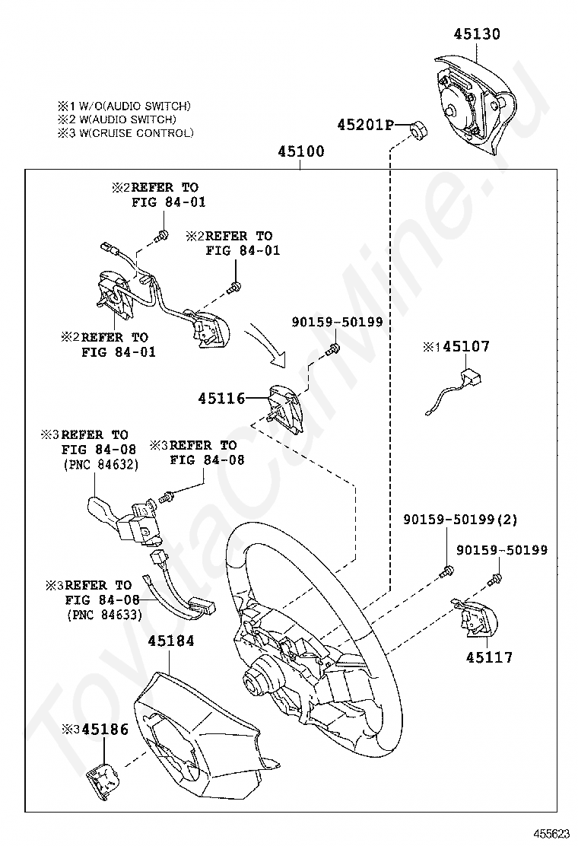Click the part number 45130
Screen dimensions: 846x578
(x=477, y=34)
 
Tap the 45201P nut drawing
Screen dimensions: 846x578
(x=417, y=131)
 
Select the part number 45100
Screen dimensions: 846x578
(x=300, y=152)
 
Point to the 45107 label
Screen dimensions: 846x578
(x=466, y=347)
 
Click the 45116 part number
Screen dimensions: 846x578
(x=221, y=398)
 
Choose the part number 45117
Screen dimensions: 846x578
(x=489, y=657)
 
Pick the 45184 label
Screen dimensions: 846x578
(x=171, y=641)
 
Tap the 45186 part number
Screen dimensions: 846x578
(x=105, y=729)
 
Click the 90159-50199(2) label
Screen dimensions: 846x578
(x=461, y=520)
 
